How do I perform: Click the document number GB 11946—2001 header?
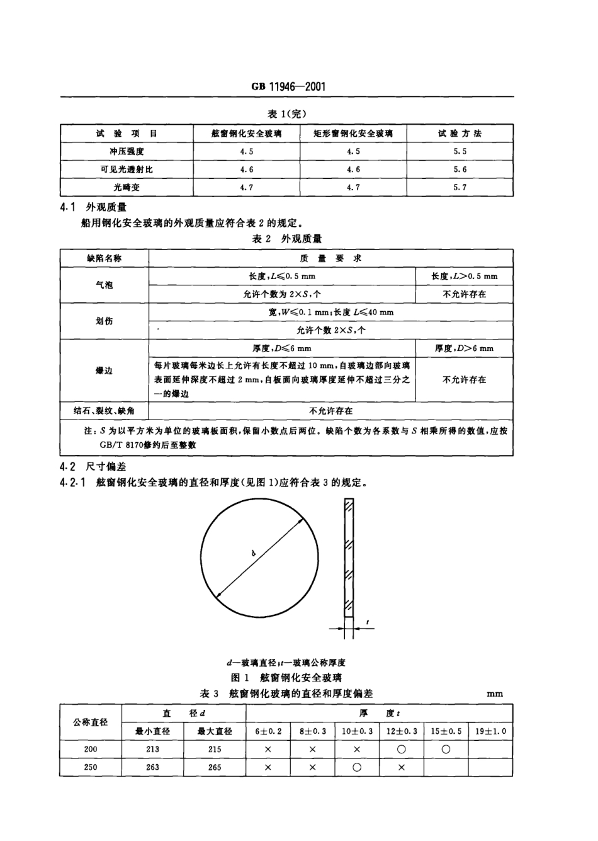(x=288, y=87)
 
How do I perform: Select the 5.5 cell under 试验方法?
(x=460, y=152)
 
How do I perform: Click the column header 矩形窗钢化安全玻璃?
(x=353, y=134)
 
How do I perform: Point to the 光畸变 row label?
(x=127, y=188)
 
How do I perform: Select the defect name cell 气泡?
(x=104, y=285)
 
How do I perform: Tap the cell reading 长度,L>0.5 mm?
(x=464, y=276)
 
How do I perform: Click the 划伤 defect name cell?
(x=104, y=321)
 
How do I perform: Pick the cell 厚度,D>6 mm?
(x=464, y=348)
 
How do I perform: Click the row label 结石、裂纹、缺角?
(x=104, y=411)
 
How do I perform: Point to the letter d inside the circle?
(x=252, y=554)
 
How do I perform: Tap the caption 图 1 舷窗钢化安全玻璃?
(x=286, y=678)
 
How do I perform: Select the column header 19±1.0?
(x=490, y=731)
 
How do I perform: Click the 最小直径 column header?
(x=152, y=731)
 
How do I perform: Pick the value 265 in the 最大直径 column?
(x=215, y=767)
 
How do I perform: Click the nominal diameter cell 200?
(x=91, y=749)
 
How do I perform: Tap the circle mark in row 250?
(x=356, y=767)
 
